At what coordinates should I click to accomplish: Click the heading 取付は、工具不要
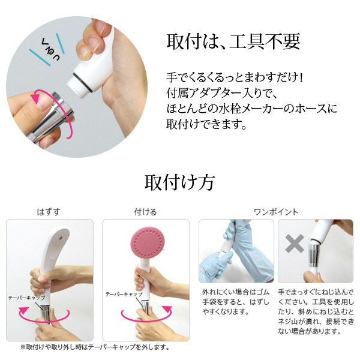click(232, 43)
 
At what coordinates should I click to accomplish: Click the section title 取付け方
click(179, 181)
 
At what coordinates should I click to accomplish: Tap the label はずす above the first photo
click(49, 212)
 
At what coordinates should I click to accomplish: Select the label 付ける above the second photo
click(146, 212)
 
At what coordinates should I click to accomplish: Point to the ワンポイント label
click(276, 212)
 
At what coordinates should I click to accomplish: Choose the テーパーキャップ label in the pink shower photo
click(124, 295)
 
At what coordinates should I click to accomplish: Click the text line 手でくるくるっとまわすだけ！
click(238, 79)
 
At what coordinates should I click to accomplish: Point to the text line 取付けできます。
click(206, 125)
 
